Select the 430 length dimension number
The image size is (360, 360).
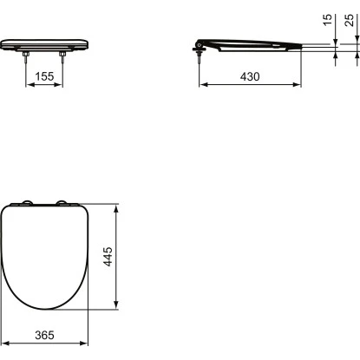coord(251,76)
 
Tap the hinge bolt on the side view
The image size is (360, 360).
coord(200,55)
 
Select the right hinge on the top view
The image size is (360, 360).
coord(63,205)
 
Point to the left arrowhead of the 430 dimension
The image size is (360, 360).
coord(204,86)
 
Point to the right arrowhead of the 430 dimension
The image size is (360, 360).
coord(298,86)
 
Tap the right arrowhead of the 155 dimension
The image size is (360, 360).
coord(65,86)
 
